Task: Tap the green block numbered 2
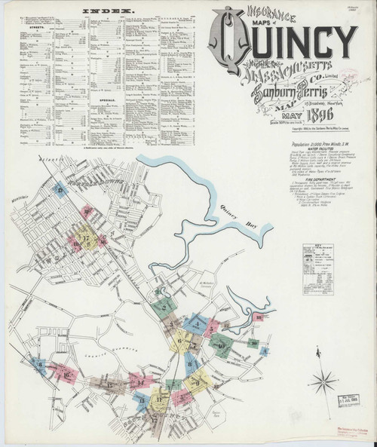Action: (160, 307)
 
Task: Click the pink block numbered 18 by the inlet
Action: (258, 317)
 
